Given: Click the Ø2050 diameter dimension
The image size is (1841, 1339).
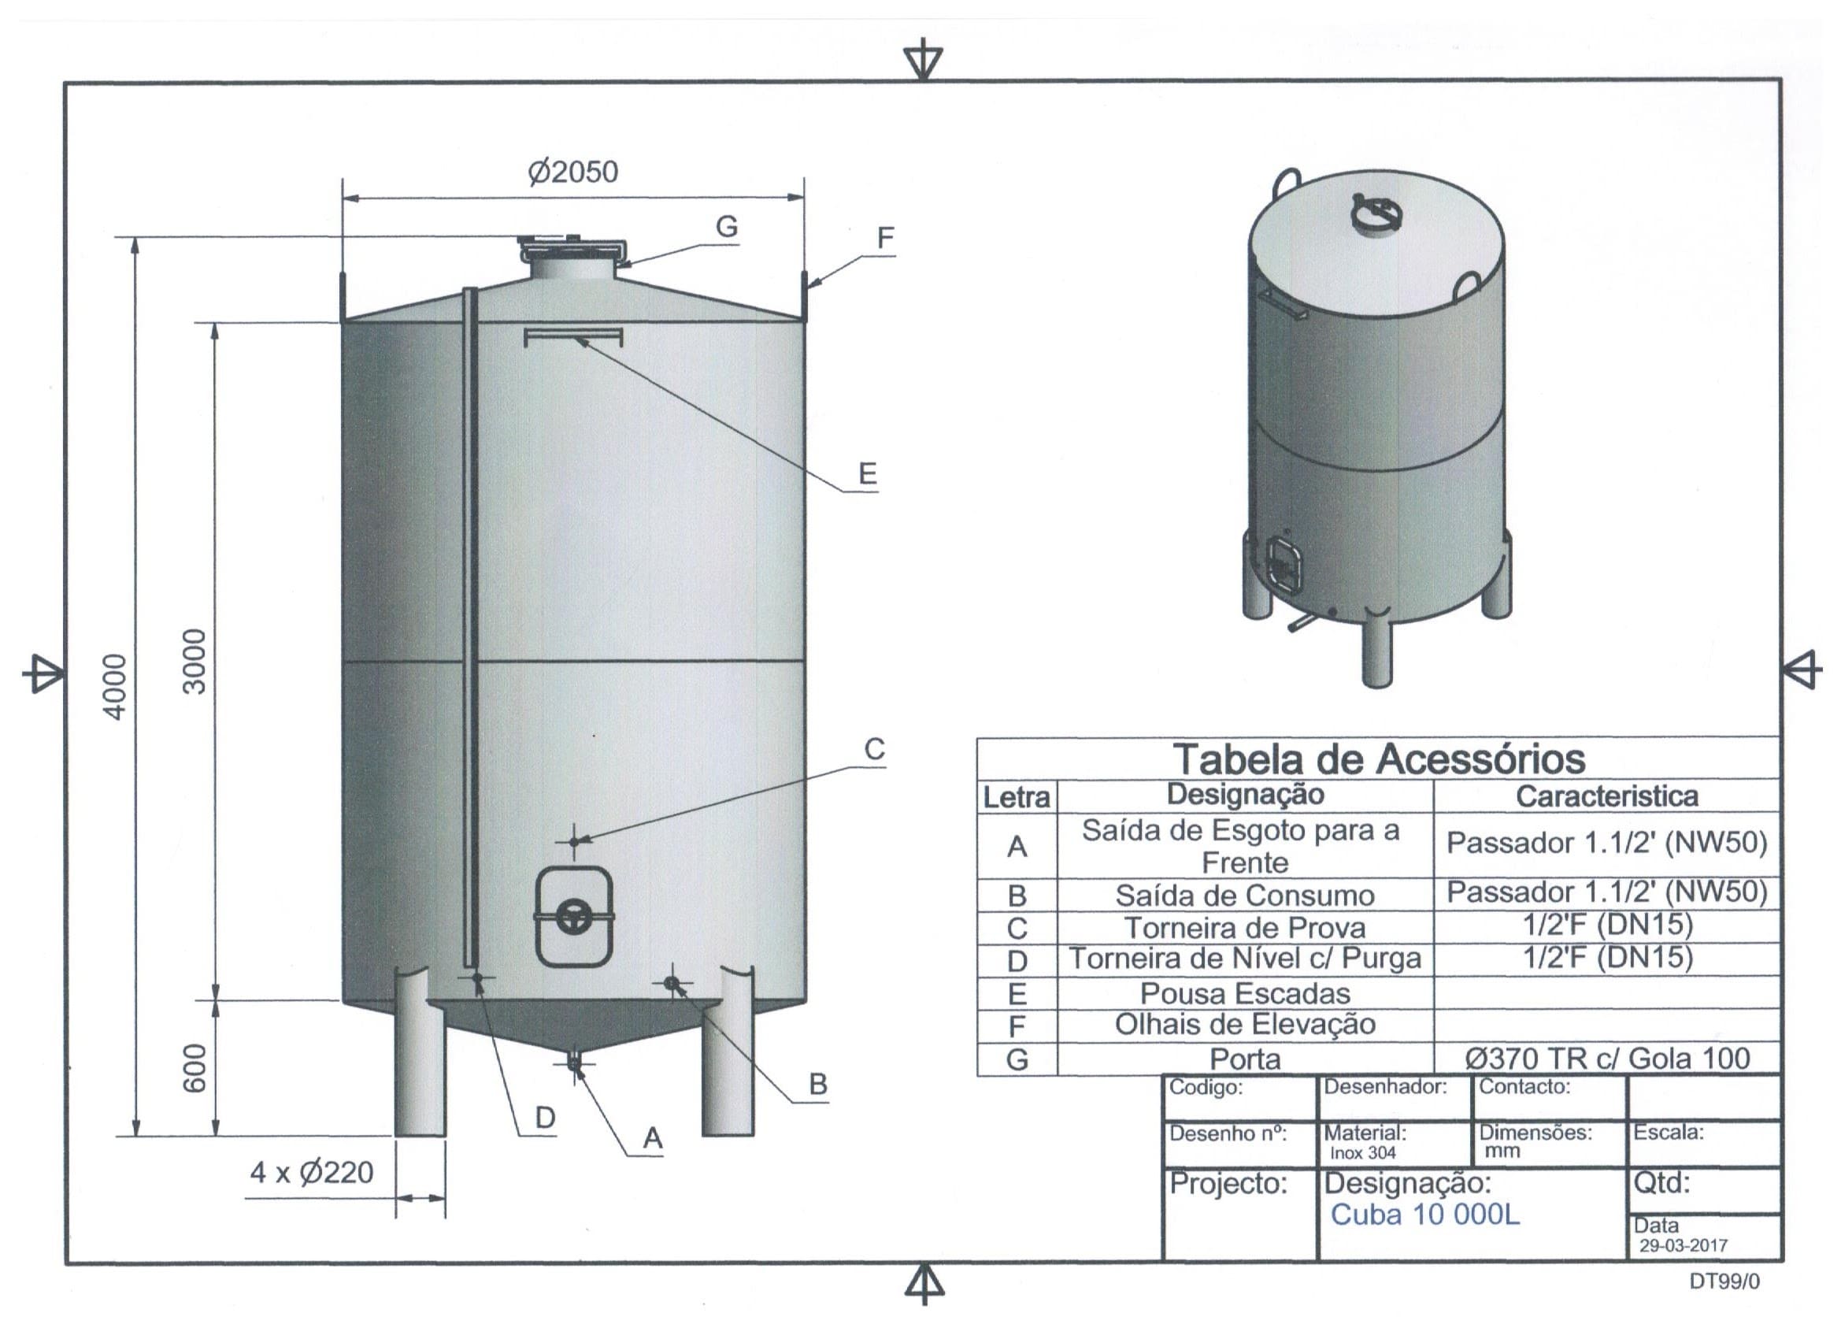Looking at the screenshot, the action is point(573,172).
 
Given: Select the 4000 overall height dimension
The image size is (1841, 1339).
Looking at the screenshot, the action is point(116,687).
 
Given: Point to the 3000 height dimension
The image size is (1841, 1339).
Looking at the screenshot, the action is point(194,661).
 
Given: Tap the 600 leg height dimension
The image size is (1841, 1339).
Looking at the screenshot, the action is point(194,1068).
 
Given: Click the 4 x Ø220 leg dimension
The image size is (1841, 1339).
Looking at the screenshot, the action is point(312,1173).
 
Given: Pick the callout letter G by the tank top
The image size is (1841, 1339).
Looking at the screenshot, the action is point(727,227).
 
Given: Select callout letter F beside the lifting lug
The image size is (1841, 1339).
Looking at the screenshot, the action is point(886,238).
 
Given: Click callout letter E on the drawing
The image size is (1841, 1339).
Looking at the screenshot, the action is point(868,473).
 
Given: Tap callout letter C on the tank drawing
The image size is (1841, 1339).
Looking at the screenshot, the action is point(874,749).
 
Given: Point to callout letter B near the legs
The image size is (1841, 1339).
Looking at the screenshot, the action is point(818,1084).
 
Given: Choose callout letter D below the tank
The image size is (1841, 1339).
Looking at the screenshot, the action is point(545,1118).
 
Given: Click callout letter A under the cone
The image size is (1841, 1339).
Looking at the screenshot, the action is point(653,1138).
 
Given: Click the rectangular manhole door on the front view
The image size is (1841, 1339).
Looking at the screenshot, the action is point(575,918).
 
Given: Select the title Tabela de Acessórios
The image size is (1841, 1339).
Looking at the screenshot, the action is point(1379,759).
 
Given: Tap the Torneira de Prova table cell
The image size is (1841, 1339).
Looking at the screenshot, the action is point(1245,927).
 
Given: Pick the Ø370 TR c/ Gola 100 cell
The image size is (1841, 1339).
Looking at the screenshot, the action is point(1607,1058).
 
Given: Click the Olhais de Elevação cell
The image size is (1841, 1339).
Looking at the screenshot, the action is point(1245,1025).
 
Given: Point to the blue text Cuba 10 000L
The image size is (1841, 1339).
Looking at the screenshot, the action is point(1424,1215).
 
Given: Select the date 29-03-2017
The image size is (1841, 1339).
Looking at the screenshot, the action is point(1684,1245).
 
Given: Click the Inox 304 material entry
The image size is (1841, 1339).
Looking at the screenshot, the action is point(1363,1152).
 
